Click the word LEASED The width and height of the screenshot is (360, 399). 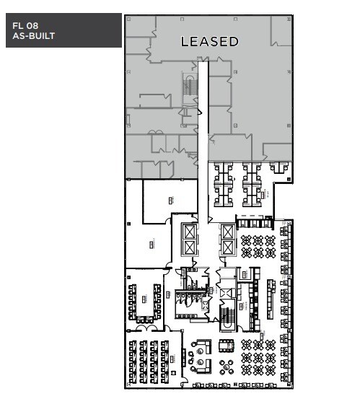tap(209, 42)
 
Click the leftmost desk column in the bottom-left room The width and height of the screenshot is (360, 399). tap(133, 361)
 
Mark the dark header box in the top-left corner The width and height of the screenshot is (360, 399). tap(62, 30)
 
